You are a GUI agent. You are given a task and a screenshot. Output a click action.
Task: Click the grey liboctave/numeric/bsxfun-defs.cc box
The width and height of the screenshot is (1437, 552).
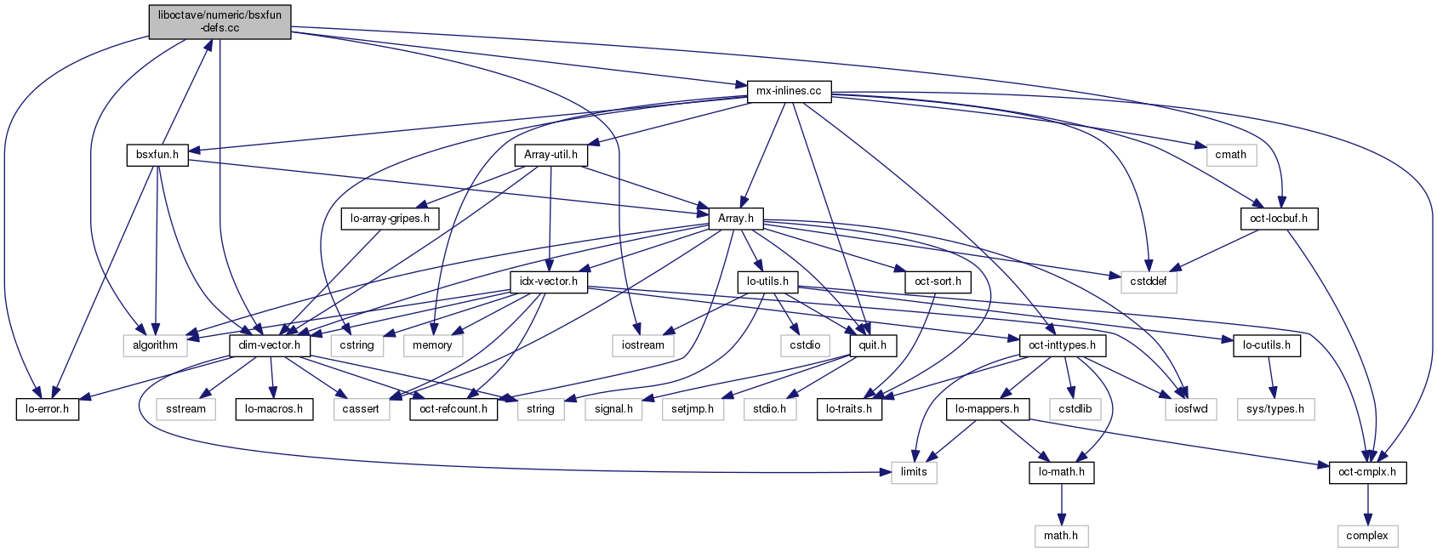pos(220,21)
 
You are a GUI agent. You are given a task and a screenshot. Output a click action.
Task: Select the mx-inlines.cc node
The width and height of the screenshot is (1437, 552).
pos(789,91)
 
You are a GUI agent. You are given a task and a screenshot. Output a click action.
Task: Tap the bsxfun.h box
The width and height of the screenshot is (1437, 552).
pos(157,155)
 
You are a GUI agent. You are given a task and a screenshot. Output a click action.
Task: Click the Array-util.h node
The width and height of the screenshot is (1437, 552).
pos(550,155)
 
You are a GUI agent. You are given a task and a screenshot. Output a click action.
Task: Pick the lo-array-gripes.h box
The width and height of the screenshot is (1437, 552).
pos(390,219)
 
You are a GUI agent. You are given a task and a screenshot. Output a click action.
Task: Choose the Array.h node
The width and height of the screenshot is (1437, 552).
pos(736,219)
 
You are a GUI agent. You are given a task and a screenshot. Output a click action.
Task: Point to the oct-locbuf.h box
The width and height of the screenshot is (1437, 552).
pos(1278,219)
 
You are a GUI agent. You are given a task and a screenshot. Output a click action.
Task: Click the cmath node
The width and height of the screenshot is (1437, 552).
pos(1230,155)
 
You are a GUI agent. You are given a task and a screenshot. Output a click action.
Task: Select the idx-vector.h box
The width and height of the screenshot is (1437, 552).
pos(550,282)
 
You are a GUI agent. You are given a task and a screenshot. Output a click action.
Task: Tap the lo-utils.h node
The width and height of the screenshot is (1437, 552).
pos(767,282)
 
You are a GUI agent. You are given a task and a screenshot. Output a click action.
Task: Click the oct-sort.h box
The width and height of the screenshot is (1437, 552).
pos(938,282)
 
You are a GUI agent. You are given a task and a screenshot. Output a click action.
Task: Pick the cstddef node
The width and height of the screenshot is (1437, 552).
pos(1149,282)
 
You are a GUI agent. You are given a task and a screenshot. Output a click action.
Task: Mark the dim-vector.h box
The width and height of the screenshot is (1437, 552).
pos(270,345)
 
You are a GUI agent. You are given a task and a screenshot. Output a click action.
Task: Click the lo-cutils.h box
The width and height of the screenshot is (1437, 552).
pos(1266,345)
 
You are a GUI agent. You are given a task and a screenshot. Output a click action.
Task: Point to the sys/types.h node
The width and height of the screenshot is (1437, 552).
pos(1274,409)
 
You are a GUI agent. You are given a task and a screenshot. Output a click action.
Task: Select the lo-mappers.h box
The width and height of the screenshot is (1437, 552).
pos(987,409)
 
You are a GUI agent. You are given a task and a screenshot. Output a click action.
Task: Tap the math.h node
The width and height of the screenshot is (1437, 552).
pos(1061,536)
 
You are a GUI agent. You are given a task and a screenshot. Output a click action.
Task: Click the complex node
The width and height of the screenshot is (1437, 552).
pos(1367,536)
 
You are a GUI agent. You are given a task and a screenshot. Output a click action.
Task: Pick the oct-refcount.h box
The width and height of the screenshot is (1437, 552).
pos(453,409)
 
